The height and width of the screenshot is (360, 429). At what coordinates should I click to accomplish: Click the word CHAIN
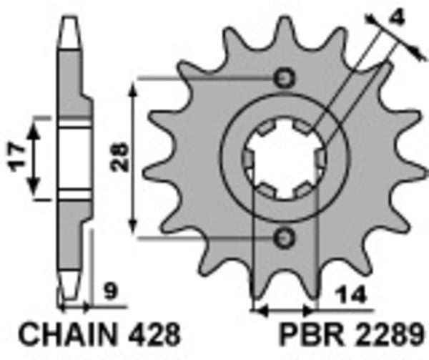[x=66, y=335]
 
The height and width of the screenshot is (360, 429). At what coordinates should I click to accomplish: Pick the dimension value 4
[x=395, y=15]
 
